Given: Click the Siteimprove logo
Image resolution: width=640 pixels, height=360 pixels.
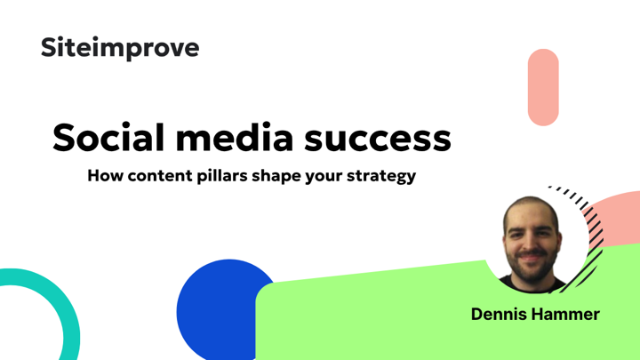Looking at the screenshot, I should click(120, 48).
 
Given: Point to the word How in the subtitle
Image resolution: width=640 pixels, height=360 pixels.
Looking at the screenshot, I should click(105, 176).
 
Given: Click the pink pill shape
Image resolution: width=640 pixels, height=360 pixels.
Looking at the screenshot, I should click(543, 87).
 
